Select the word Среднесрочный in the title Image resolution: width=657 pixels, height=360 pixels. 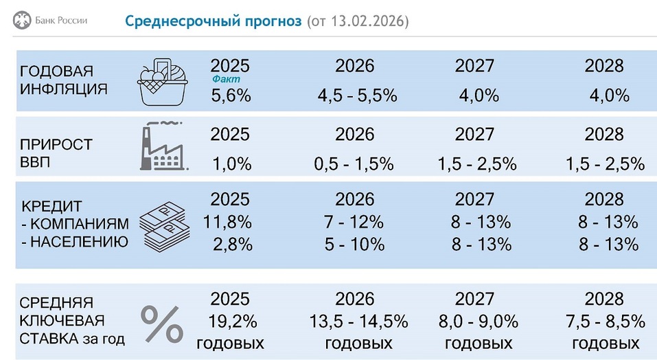click(214, 21)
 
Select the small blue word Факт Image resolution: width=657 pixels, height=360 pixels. click(227, 80)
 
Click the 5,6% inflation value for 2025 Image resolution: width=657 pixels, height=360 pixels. click(230, 95)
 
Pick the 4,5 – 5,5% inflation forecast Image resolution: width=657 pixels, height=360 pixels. click(357, 95)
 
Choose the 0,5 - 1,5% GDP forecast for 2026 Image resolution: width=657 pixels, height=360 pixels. click(354, 164)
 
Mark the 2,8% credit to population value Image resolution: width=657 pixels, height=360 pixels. click(230, 244)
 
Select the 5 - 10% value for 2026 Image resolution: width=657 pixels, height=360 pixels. click(354, 244)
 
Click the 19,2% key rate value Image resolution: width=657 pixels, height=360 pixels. click(230, 321)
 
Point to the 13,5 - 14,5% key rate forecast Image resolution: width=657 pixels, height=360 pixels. click(358, 321)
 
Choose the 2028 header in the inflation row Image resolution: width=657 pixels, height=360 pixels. click(604, 65)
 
